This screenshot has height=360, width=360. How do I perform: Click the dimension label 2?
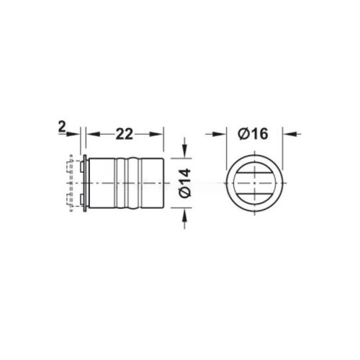tap(62, 127)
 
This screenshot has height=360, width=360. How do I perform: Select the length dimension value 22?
tap(124, 134)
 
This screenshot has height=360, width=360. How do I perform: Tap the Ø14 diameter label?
tap(185, 183)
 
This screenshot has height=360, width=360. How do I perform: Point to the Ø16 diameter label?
tap(253, 133)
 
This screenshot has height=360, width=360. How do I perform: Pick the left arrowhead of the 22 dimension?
tap(93, 134)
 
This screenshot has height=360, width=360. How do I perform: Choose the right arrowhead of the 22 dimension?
tap(156, 134)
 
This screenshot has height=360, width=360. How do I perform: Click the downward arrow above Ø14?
tap(184, 148)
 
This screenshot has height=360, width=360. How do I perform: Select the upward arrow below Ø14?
tap(184, 218)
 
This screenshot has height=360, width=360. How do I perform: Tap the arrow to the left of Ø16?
tap(216, 134)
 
